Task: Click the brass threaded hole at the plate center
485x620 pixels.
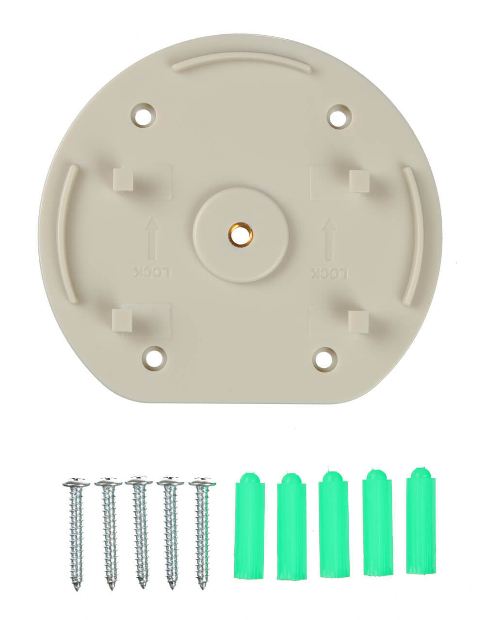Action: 240,235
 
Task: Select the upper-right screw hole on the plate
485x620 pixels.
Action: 339,117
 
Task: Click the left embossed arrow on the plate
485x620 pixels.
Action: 152,238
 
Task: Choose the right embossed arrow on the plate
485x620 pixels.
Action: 329,239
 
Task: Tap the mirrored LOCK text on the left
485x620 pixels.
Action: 152,272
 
